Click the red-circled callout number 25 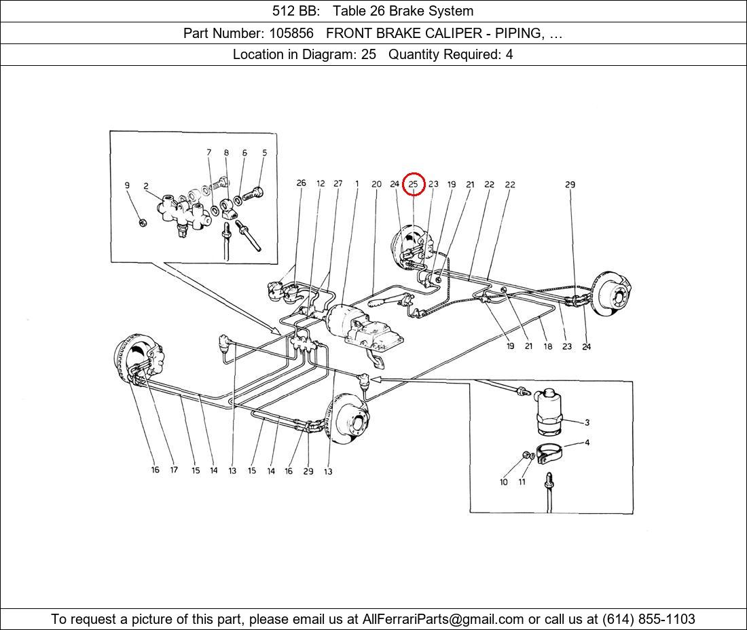coord(413,184)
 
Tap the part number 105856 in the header coord(291,33)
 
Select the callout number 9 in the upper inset coord(127,185)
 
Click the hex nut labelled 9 coord(141,223)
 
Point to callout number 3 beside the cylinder coord(587,422)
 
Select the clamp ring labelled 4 coord(550,453)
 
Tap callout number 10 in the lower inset coord(504,482)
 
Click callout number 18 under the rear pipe coord(548,347)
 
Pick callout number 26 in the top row coord(301,183)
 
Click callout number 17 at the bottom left coord(174,470)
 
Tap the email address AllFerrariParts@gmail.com coord(443,619)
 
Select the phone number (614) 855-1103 coord(649,619)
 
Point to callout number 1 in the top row coord(357,183)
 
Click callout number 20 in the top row coord(376,184)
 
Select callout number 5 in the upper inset coord(264,153)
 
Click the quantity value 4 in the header coord(509,55)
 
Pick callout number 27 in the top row coord(338,183)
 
